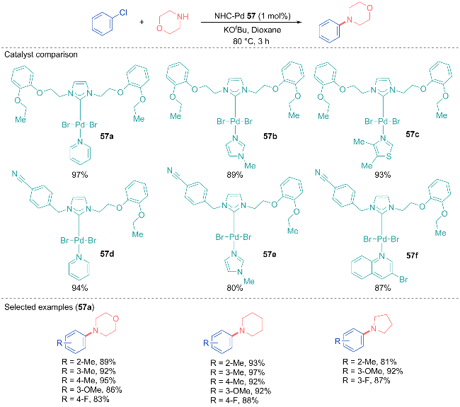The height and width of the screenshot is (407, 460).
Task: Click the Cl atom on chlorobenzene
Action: (123, 13)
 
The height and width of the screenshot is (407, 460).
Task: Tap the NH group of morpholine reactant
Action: (183, 17)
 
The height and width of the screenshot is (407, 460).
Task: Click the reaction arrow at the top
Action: (251, 22)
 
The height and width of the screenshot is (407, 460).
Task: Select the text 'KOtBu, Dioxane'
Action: (253, 30)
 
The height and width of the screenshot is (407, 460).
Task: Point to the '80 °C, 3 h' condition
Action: (251, 41)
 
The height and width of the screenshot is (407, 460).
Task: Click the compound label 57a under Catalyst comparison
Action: (107, 136)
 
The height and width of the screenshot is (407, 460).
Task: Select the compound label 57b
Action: (270, 136)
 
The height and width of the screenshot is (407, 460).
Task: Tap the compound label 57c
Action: (413, 134)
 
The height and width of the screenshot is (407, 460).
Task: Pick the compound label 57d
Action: (107, 254)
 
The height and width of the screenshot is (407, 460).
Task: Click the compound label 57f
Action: (412, 256)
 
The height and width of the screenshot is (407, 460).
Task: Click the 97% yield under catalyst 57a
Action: (80, 175)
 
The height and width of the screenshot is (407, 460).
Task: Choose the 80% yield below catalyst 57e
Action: (235, 288)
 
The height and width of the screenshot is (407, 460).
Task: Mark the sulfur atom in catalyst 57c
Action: (389, 156)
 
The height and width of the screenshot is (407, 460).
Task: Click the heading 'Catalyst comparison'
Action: (41, 55)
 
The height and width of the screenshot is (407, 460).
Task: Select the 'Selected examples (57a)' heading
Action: (50, 307)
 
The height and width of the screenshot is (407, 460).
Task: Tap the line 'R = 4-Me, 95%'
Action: (88, 380)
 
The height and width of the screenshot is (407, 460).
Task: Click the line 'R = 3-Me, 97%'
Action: (238, 372)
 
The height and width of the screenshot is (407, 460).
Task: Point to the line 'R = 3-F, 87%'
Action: (367, 381)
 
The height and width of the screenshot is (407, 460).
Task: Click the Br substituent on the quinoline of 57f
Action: (403, 280)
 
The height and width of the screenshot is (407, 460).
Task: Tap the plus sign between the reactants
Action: (142, 22)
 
